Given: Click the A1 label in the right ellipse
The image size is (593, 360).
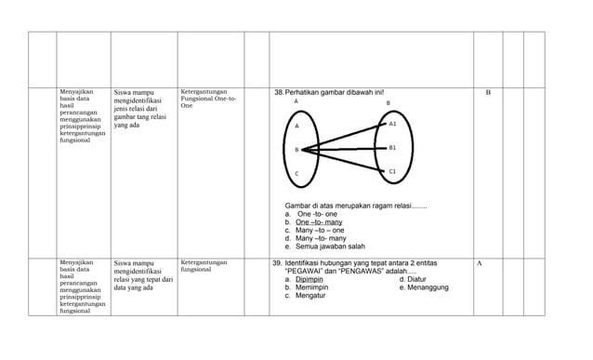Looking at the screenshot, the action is tap(392, 124).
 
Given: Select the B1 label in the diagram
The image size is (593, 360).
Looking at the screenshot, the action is tap(392, 148).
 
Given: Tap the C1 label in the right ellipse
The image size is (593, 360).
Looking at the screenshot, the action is tap(392, 172).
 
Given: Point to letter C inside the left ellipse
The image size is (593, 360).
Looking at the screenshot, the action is tap(296, 175).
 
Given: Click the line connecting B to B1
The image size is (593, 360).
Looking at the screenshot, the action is tap(344, 149).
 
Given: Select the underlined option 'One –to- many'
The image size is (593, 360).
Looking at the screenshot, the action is tap(319, 222).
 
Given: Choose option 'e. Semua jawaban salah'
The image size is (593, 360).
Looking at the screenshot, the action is tap(324, 247).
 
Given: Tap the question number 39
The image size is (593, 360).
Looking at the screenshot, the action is tap(277, 263).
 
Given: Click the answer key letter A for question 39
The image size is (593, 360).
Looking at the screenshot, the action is tap(480, 263).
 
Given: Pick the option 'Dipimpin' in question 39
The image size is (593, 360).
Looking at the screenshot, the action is tap(310, 279).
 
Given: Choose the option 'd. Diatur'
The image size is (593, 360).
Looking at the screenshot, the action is tap(413, 279).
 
